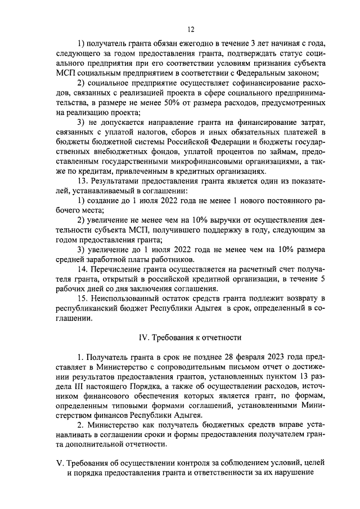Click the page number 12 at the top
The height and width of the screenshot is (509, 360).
pos(191,29)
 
